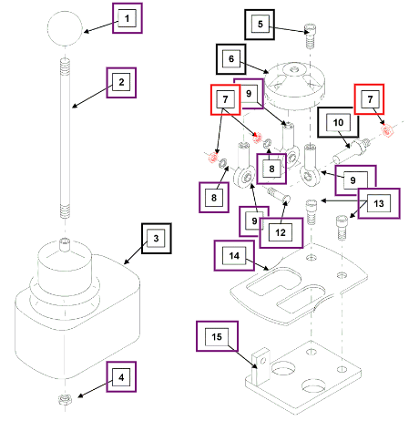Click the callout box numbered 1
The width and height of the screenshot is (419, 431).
point(128,18)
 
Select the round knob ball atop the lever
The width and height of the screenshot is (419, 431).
point(65,28)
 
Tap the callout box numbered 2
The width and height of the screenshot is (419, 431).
point(121,83)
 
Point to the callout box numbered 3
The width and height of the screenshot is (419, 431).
point(157,239)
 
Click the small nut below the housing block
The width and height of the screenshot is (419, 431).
point(65,399)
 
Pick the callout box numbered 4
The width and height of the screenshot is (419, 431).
point(121,377)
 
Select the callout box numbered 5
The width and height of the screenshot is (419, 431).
point(260,25)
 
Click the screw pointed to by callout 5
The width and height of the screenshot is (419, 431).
point(310,36)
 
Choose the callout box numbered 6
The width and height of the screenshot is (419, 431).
point(231,59)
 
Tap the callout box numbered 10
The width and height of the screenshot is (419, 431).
point(338,122)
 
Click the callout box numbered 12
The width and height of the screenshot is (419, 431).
point(281,233)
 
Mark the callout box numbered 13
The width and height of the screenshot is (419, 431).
point(379,203)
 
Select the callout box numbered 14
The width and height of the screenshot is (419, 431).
point(234,255)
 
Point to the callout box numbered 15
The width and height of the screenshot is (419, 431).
point(217,336)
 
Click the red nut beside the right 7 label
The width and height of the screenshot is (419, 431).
point(386,131)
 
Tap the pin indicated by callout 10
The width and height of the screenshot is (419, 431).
point(352,150)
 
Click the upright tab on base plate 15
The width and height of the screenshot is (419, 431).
point(261,366)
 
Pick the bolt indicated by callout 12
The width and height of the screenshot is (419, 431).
point(279,195)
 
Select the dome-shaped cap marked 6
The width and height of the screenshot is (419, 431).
point(294,84)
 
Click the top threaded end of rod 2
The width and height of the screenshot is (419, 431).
point(65,67)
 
